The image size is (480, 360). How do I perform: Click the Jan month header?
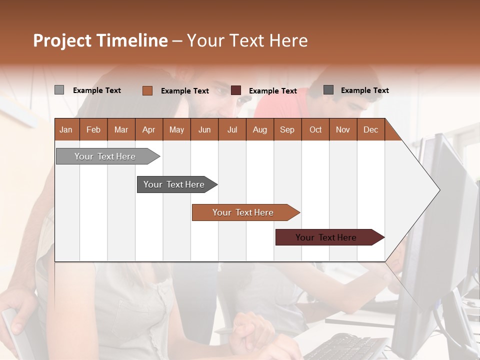click(66, 129)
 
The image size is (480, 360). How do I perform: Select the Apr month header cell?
click(148, 129)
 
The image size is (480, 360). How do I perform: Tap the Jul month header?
click(232, 129)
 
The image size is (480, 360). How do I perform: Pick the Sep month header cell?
click(287, 129)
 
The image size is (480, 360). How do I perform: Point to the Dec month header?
click(370, 129)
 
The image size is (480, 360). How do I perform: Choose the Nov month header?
click(342, 129)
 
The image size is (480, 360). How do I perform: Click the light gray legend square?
click(59, 90)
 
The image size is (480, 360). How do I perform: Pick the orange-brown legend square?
click(147, 90)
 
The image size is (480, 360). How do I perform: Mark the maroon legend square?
click(236, 90)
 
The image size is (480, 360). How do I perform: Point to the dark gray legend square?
click(328, 90)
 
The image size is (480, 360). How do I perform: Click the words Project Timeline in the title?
click(100, 40)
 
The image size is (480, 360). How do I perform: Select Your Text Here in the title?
click(247, 40)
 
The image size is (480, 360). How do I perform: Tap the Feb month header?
click(93, 129)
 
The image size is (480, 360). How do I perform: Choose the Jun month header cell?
click(204, 129)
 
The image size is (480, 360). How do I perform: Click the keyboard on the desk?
click(345, 347)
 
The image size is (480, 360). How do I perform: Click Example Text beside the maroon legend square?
click(272, 91)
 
